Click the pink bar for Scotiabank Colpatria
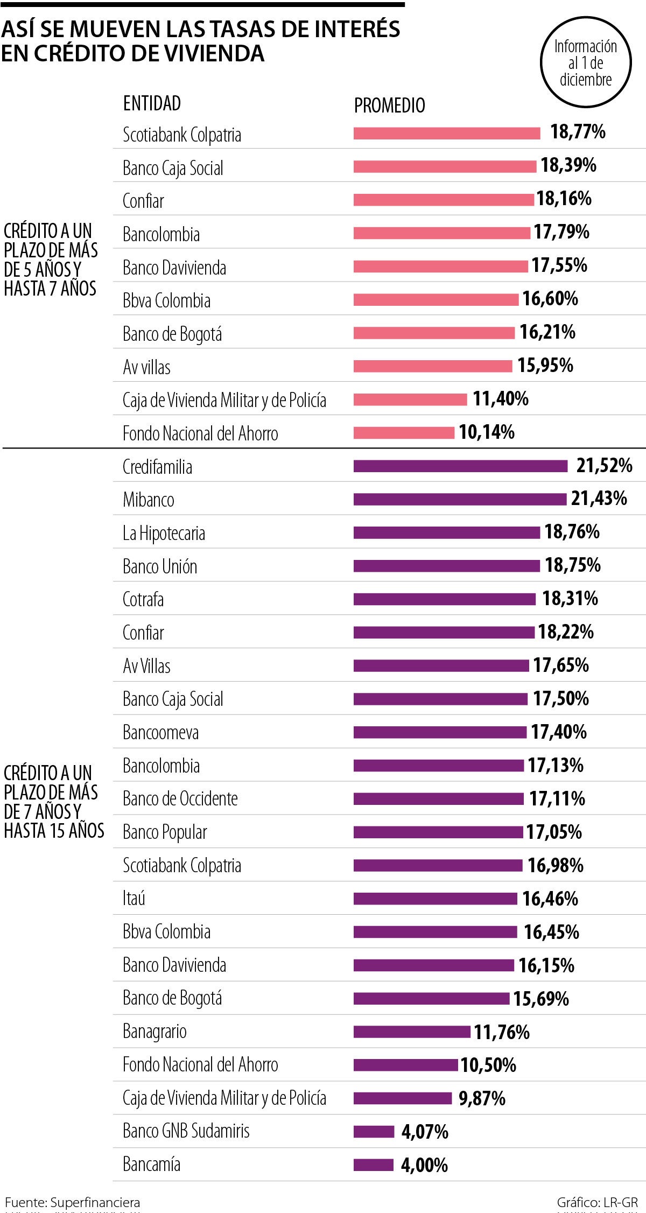coord(446,134)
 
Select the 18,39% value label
coord(568,165)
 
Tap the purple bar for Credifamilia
coord(460,466)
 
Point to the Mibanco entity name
coord(149,500)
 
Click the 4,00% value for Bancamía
coord(424,1165)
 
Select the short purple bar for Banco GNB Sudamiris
coord(374,1132)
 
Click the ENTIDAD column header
coord(152,103)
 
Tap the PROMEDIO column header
coord(389,106)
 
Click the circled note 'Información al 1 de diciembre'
coord(585,63)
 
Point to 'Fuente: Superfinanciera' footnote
coord(72,1202)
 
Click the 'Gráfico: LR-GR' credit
coord(597,1202)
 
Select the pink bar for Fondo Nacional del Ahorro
coord(404,433)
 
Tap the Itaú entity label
coord(134,898)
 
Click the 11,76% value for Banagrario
coord(502,1032)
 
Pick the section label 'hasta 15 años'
coord(54,831)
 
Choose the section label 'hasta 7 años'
coord(50,289)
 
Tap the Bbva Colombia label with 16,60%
coord(166,300)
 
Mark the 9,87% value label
coord(482,1098)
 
